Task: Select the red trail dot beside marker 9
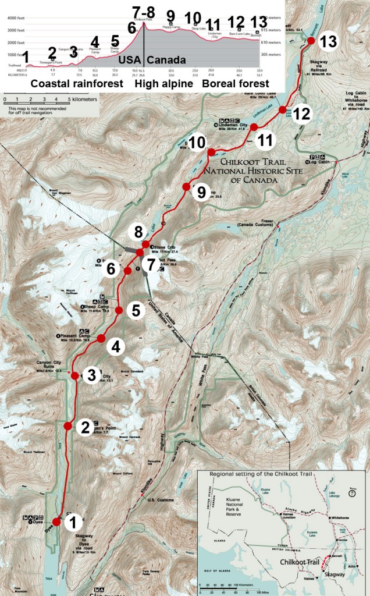186,187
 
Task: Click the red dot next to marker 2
67,426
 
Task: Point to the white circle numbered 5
136,311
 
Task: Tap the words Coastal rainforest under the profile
77,84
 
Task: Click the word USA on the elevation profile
129,60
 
